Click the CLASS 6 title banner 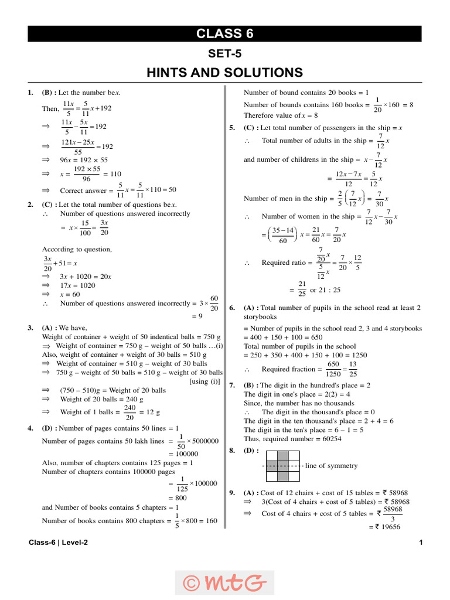[225, 34]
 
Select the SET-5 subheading [225, 54]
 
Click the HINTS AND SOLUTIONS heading [225, 73]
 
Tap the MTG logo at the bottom [225, 582]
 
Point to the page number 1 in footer [421, 543]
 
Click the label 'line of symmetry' [331, 466]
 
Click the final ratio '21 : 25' [329, 290]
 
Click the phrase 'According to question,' [77, 249]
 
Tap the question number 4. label [30, 428]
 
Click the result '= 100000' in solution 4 [183, 454]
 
